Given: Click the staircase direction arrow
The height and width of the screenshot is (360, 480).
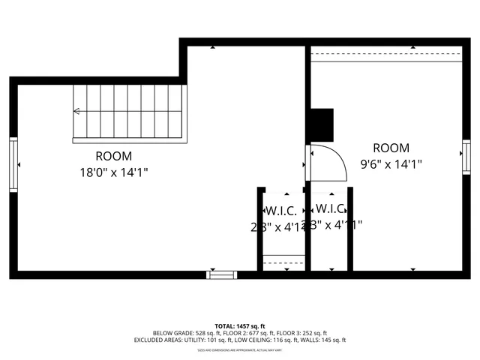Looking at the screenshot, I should click(76, 112).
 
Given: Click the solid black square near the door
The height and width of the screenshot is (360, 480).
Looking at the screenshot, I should click(322, 124).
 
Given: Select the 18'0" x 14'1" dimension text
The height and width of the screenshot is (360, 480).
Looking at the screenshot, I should click(113, 172).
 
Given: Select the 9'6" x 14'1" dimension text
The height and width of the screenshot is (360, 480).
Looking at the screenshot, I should click(391, 164).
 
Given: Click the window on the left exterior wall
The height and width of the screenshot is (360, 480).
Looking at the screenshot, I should click(13, 164).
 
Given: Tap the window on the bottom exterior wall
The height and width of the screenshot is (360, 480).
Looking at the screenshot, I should click(222, 274).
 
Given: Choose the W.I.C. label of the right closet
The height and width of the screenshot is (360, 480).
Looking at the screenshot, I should click(330, 208).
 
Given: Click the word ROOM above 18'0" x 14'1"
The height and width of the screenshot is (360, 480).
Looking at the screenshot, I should click(113, 157).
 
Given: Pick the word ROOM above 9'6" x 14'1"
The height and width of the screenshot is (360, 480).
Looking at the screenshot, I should click(391, 148).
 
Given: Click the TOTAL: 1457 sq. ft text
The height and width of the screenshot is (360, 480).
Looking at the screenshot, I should click(240, 326).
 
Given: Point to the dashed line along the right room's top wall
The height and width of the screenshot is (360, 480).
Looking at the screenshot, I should click(386, 55).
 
